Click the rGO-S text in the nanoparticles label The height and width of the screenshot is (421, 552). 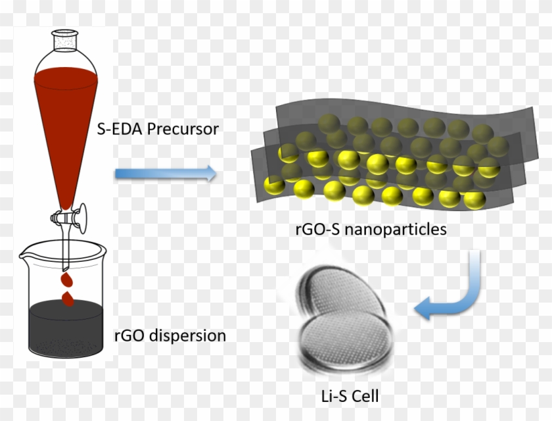315,230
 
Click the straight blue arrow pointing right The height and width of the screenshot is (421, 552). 165,174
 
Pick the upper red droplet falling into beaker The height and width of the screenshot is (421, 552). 66,279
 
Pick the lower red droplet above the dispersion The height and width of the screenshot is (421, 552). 68,298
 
